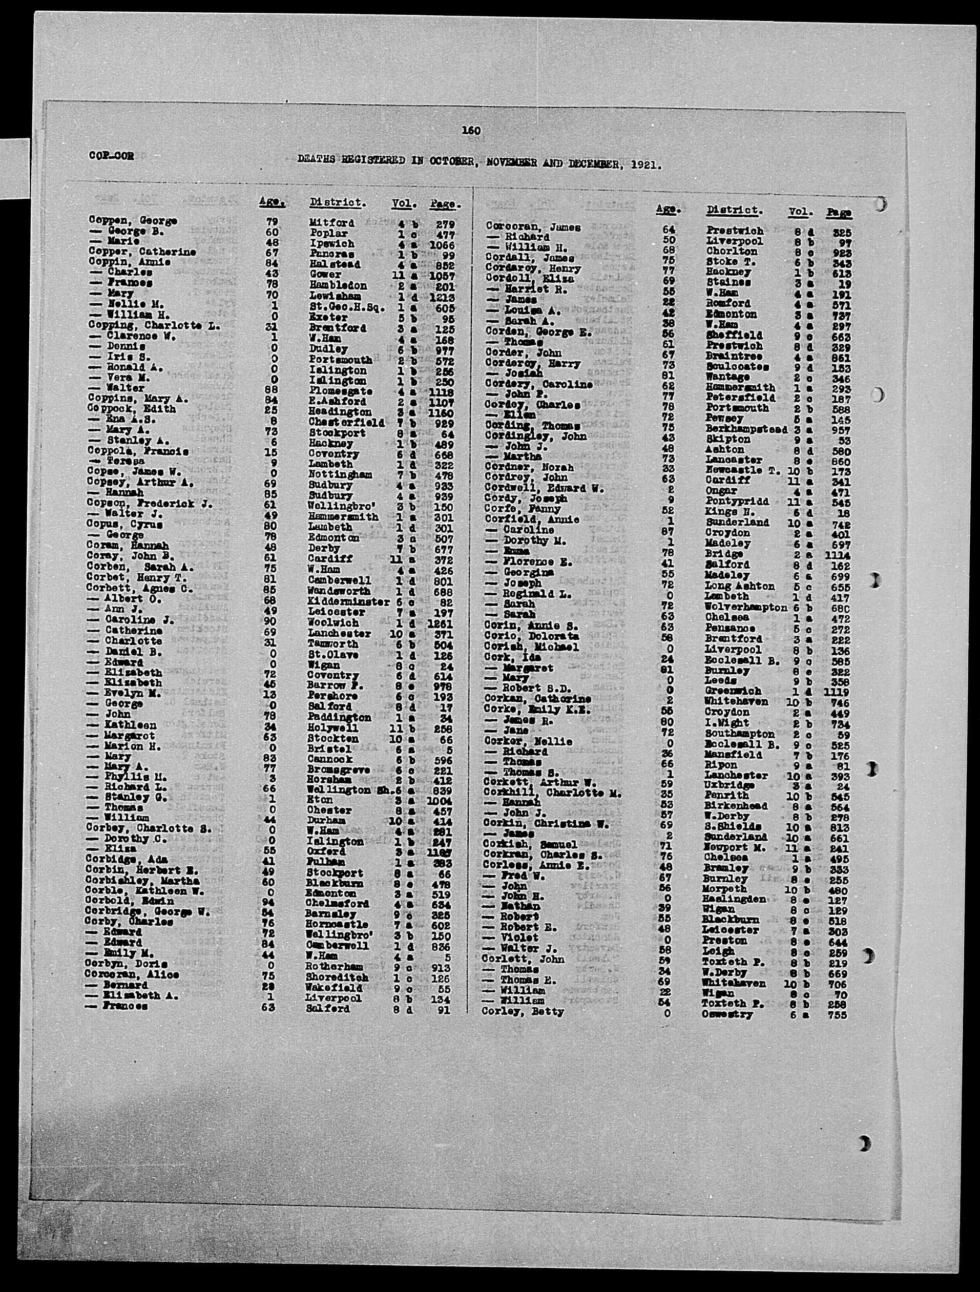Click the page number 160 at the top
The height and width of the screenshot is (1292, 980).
click(x=471, y=130)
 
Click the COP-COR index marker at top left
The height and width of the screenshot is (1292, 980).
click(x=111, y=156)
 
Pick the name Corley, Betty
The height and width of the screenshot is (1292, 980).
click(x=523, y=1012)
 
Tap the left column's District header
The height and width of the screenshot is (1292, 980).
click(x=338, y=203)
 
